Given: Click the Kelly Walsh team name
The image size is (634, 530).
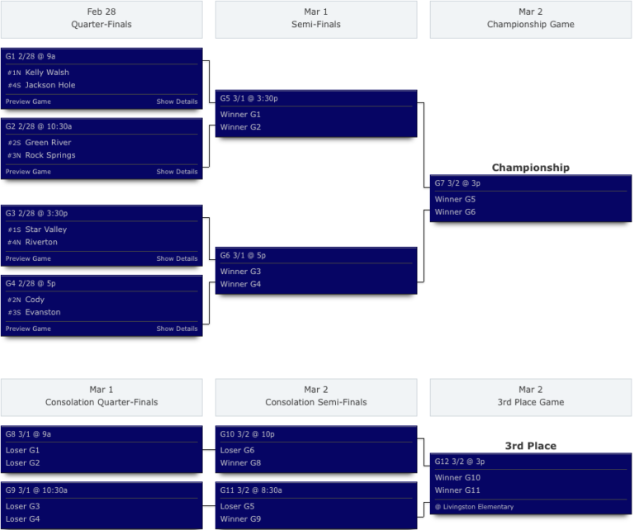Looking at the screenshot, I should point(47,73).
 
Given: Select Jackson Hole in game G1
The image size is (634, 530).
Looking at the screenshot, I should point(50,85).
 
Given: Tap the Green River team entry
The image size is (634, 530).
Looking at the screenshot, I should point(48,143).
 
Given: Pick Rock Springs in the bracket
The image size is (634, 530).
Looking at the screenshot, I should point(50,155).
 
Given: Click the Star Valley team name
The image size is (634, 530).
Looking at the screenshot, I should point(45,230).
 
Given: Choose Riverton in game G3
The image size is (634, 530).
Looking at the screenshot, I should point(41,242).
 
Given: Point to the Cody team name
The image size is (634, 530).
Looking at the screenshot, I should point(35,300).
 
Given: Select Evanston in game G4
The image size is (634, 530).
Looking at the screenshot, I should point(43,312).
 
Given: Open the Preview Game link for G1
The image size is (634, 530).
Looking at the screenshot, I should point(28,102).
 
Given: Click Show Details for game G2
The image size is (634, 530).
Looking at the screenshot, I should point(177,172).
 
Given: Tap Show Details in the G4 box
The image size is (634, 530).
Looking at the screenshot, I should point(177,329).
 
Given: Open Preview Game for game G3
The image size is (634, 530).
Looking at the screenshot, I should point(28,258).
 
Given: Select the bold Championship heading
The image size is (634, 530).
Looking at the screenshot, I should point(530,168).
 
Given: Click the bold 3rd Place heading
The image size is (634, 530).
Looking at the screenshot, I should point(530,446).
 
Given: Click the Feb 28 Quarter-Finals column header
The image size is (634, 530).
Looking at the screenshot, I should point(102,18).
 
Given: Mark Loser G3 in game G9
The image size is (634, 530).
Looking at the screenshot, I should point(22,506).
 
